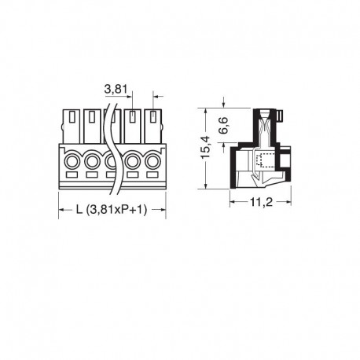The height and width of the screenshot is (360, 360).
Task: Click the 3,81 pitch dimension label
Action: click(x=116, y=90)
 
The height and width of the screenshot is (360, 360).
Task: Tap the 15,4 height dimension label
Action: click(x=205, y=147)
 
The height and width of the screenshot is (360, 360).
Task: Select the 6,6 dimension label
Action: click(x=224, y=126)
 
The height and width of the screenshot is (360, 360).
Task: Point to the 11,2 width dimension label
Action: click(x=261, y=202)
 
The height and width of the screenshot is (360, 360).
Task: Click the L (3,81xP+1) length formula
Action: click(x=112, y=210)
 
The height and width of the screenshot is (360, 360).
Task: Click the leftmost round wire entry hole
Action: click(x=72, y=161)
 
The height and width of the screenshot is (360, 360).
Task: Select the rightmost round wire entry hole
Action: click(x=152, y=161)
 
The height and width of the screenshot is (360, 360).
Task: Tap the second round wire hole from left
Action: click(x=92, y=161)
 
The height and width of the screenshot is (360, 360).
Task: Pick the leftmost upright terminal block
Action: click(x=72, y=127)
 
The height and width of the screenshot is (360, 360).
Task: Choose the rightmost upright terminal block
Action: click(x=153, y=127)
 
